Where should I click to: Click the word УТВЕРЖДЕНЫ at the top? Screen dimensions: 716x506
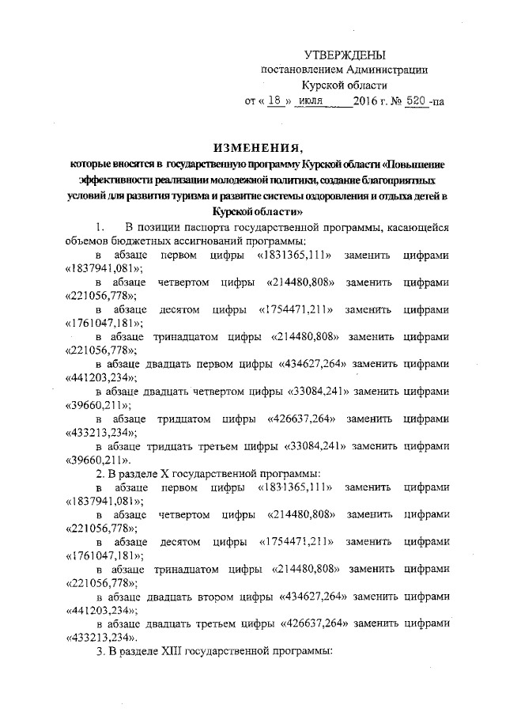click(x=345, y=55)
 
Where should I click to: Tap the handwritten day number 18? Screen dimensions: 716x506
click(x=274, y=101)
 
